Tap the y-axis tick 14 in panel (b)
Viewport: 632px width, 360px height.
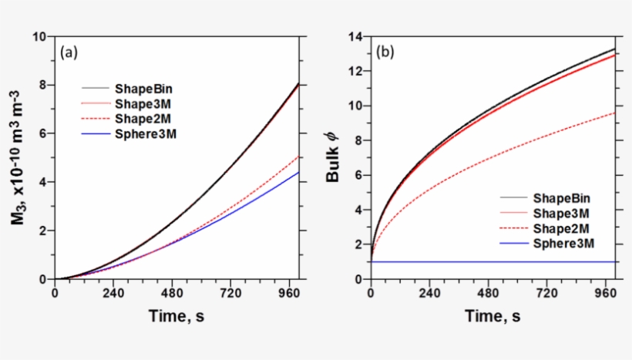tap(356, 36)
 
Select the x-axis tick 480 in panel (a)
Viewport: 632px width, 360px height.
tap(176, 294)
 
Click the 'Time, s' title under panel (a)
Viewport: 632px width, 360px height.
tap(176, 316)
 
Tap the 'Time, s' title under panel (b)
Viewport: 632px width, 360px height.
tap(492, 316)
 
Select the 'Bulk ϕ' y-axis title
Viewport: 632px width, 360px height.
tap(333, 160)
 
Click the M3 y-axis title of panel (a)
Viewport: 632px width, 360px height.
tap(17, 158)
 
